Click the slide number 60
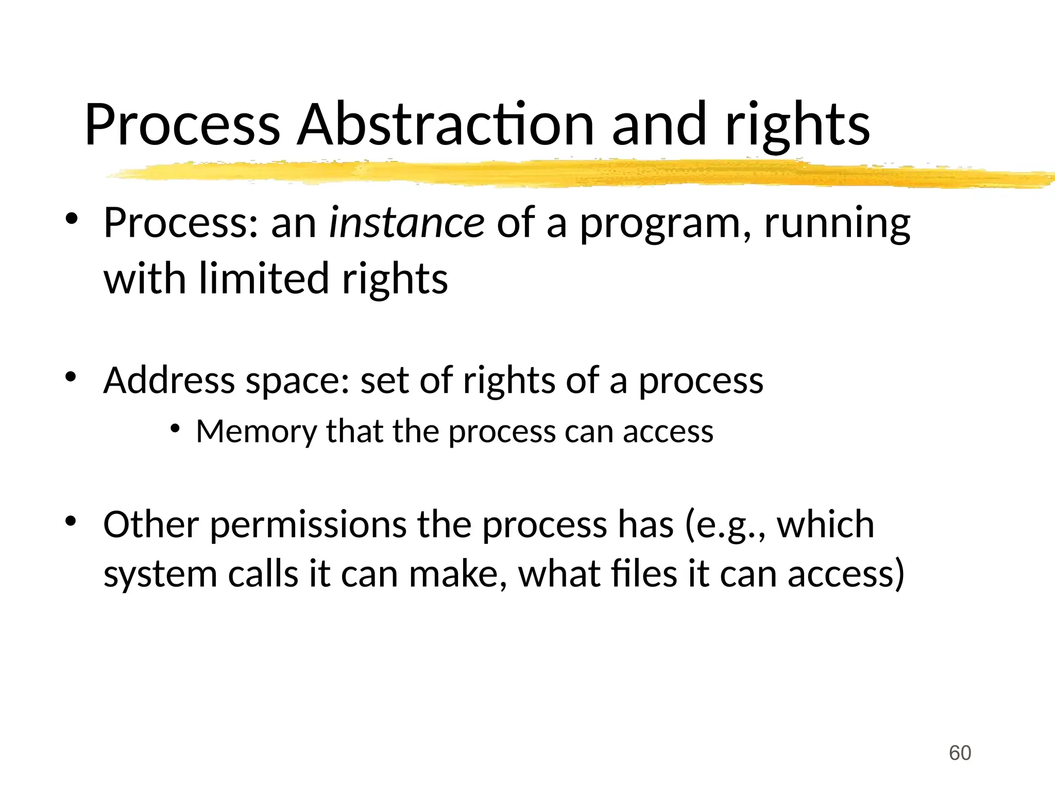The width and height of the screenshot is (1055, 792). coord(960,753)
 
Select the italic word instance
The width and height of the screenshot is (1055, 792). coord(406,223)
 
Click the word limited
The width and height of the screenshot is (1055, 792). coord(264,278)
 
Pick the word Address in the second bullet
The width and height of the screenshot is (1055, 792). coord(169,381)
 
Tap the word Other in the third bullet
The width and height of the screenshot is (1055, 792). coord(150,524)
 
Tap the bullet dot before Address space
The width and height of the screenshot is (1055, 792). coord(71,377)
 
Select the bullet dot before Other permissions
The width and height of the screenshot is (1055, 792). coord(71,522)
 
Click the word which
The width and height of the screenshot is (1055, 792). coord(825,524)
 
